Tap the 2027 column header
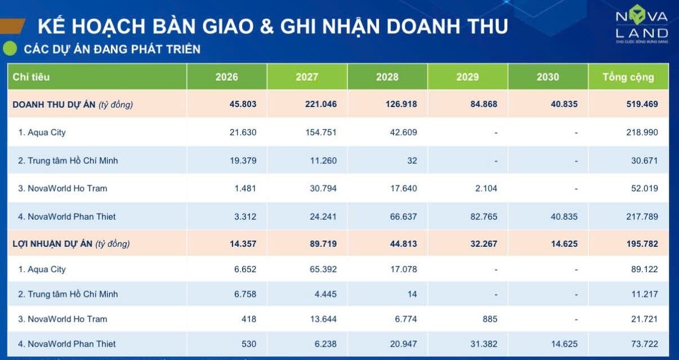pos(307,77)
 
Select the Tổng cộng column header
pos(628,77)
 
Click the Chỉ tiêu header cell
pos(32,77)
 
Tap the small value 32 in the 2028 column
pos(412,161)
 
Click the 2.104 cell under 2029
pos(486,188)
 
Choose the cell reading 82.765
pos(483,216)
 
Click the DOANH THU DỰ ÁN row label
pos(73,104)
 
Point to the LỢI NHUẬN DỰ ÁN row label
pos(71,244)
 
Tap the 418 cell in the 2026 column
pos(248,319)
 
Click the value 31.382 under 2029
pos(483,344)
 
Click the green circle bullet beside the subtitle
pos(10,49)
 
